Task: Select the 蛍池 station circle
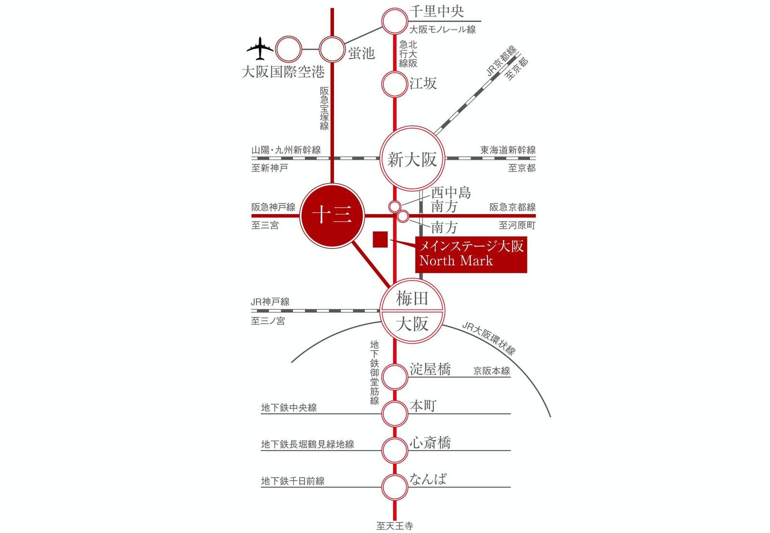(x=333, y=49)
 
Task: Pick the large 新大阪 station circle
(x=412, y=158)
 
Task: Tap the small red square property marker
(x=381, y=240)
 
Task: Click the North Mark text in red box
(x=456, y=261)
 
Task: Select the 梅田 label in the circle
(x=412, y=298)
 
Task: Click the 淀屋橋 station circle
(x=395, y=377)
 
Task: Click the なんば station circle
(x=395, y=487)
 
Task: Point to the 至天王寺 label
(x=395, y=526)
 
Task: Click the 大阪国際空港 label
(x=283, y=72)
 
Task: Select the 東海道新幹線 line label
(x=508, y=150)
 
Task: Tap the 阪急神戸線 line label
(x=273, y=207)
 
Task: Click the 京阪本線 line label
(x=492, y=371)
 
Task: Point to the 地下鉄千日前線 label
(x=293, y=480)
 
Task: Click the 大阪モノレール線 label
(x=443, y=29)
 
